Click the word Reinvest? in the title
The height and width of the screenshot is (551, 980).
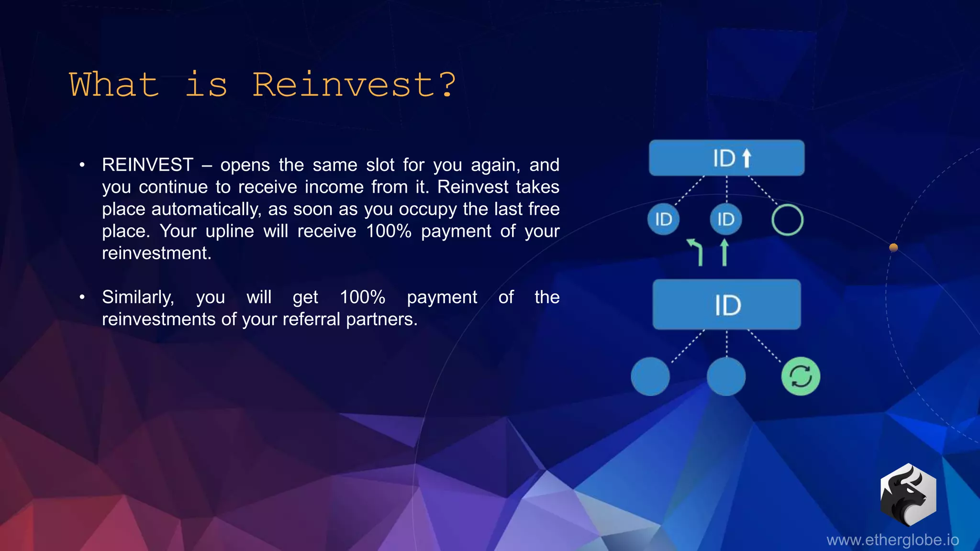(354, 85)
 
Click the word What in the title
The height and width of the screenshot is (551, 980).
(114, 85)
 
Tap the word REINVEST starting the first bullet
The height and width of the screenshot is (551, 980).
(147, 165)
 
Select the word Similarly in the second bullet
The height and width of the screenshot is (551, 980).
(138, 298)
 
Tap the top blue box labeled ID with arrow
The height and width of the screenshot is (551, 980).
(726, 158)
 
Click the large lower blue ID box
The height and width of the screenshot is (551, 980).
(726, 305)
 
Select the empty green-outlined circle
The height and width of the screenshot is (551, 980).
(787, 220)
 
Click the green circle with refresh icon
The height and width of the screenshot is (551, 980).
(801, 376)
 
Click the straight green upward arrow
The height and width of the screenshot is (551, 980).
(724, 252)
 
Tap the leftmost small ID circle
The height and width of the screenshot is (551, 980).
(663, 220)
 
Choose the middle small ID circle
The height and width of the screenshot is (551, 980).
(725, 220)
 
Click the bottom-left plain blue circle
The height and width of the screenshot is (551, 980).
(650, 376)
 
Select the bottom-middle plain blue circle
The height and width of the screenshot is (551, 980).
(726, 376)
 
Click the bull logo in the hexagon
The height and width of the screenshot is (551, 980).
(908, 495)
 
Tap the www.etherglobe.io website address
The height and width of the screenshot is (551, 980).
(892, 540)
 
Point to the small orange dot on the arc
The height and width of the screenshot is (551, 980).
(893, 247)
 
